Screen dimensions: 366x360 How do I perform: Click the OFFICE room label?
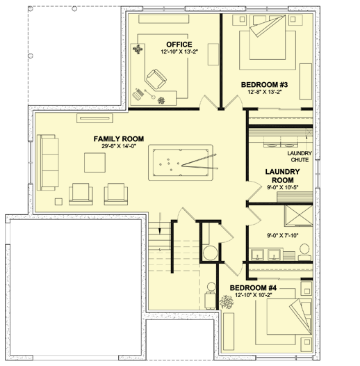click(x=179, y=45)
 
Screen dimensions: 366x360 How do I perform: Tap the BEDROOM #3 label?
click(x=264, y=85)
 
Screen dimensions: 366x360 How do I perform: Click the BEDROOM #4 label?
click(x=253, y=287)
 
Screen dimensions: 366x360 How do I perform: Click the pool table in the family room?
click(x=181, y=165)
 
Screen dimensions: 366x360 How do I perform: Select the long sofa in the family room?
click(x=49, y=161)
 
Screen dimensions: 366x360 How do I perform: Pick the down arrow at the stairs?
click(x=159, y=229)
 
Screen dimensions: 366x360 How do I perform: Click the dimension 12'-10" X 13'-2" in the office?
click(x=179, y=52)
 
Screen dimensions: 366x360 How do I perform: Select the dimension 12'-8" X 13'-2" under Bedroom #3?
click(x=264, y=94)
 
